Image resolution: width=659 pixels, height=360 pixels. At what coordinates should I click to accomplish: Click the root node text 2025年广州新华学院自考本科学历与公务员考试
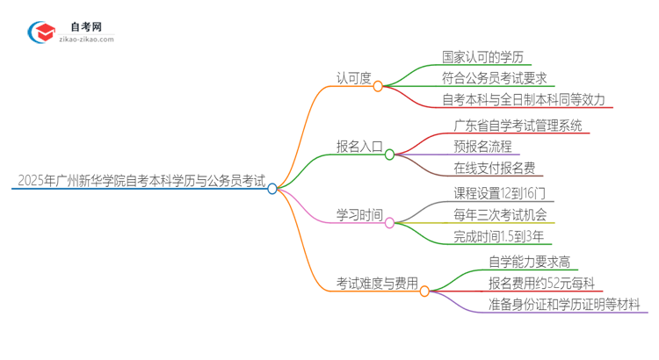[140, 182]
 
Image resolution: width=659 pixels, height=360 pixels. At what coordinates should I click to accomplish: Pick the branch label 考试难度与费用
[377, 284]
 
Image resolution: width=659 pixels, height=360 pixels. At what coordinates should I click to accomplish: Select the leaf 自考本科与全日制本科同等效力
[524, 99]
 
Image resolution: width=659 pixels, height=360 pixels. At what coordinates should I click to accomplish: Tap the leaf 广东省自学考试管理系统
[518, 126]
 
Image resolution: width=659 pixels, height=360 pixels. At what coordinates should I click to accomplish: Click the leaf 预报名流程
[482, 147]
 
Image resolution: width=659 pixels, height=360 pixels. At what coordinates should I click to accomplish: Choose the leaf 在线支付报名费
[495, 169]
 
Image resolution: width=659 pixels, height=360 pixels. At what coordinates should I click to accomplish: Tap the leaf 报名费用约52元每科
[542, 283]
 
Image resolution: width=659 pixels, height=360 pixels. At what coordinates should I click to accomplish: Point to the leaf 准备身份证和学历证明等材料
[567, 305]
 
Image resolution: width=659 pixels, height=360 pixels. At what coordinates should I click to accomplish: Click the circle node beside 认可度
[378, 86]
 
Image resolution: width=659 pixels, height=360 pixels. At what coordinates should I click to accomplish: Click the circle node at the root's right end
[272, 188]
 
